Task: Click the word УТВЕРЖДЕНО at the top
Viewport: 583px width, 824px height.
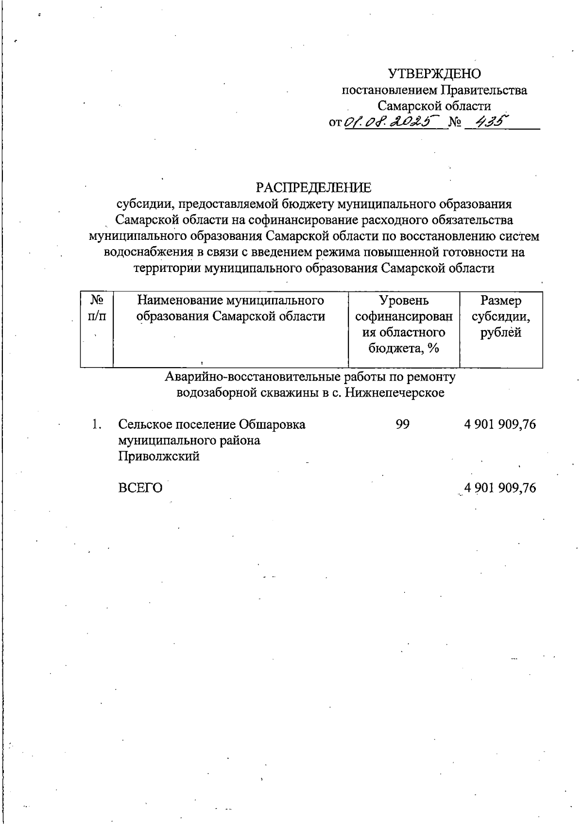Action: (434, 74)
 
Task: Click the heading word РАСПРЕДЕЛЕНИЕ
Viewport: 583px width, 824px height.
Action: (313, 187)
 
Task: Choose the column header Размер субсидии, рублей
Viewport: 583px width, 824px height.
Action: (501, 317)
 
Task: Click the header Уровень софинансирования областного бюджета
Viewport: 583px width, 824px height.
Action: (404, 324)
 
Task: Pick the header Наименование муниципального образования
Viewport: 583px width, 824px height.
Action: (231, 308)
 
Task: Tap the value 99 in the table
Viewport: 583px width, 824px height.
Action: (402, 424)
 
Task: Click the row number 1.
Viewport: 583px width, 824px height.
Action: (96, 424)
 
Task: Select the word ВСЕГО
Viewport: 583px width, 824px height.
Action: (140, 488)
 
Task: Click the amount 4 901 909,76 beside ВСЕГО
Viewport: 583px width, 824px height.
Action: (500, 488)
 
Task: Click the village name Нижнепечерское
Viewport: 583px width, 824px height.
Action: (395, 393)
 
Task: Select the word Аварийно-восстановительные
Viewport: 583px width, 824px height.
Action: (253, 377)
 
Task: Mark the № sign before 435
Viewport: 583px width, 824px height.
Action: (455, 122)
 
